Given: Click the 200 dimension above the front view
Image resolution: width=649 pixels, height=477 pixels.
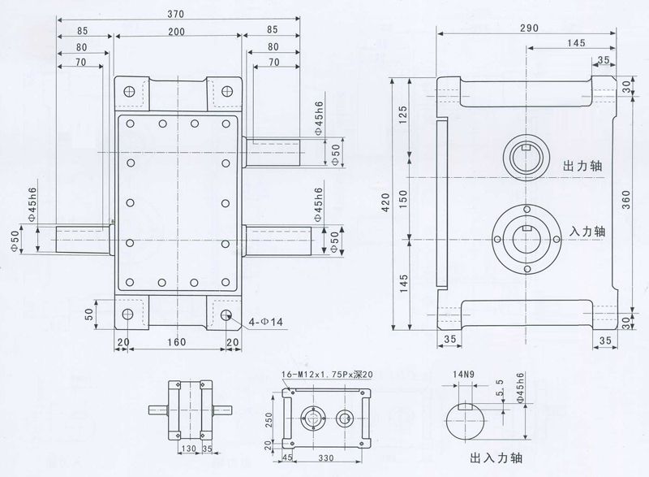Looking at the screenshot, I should point(176,31).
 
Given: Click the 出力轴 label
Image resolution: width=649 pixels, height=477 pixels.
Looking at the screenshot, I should point(582,165).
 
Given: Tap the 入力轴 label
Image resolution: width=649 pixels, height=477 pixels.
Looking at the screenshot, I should point(588,231).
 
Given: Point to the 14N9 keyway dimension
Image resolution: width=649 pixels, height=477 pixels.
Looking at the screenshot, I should point(464,375).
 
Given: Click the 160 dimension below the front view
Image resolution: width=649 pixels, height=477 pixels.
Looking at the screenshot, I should point(177,342).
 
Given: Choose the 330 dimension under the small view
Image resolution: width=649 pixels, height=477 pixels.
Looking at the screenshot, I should point(326,458).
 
